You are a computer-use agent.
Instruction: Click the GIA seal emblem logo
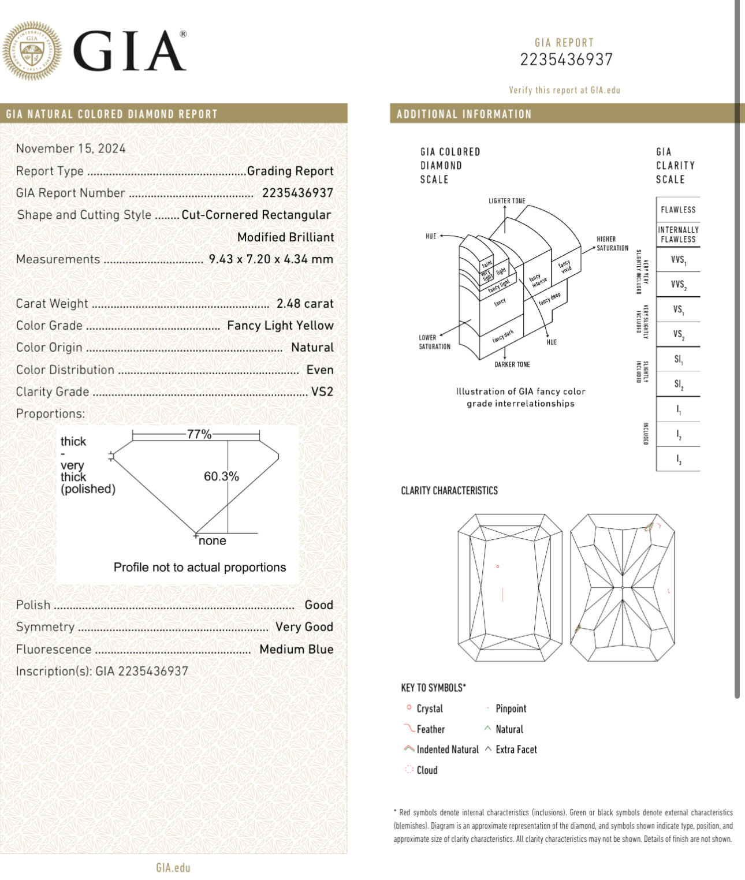click(x=32, y=51)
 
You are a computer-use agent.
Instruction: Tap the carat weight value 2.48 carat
click(x=304, y=304)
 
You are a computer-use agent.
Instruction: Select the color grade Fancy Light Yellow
click(x=280, y=326)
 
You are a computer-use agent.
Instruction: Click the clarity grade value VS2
click(x=322, y=392)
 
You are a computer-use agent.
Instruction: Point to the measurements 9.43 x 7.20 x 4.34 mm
click(x=271, y=259)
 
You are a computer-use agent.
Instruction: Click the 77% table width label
click(x=199, y=434)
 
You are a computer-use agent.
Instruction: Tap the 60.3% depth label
click(x=221, y=476)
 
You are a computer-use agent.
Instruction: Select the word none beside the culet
click(x=213, y=541)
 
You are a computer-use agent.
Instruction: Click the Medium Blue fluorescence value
click(x=296, y=650)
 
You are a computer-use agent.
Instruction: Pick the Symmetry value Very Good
click(x=304, y=627)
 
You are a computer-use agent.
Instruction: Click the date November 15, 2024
click(x=70, y=148)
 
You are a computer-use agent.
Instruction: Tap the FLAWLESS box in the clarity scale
click(x=678, y=210)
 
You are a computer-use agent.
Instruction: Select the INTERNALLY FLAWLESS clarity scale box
click(x=678, y=234)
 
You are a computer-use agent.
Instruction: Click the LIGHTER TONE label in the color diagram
click(x=506, y=201)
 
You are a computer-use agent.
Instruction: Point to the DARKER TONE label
click(x=512, y=365)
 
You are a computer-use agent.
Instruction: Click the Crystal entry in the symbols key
click(x=429, y=709)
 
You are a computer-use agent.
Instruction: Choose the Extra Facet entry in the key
click(x=516, y=750)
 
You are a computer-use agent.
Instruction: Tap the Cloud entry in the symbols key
click(x=427, y=770)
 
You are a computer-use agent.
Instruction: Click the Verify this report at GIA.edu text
click(x=564, y=90)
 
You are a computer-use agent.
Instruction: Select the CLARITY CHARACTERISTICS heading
click(x=449, y=491)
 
